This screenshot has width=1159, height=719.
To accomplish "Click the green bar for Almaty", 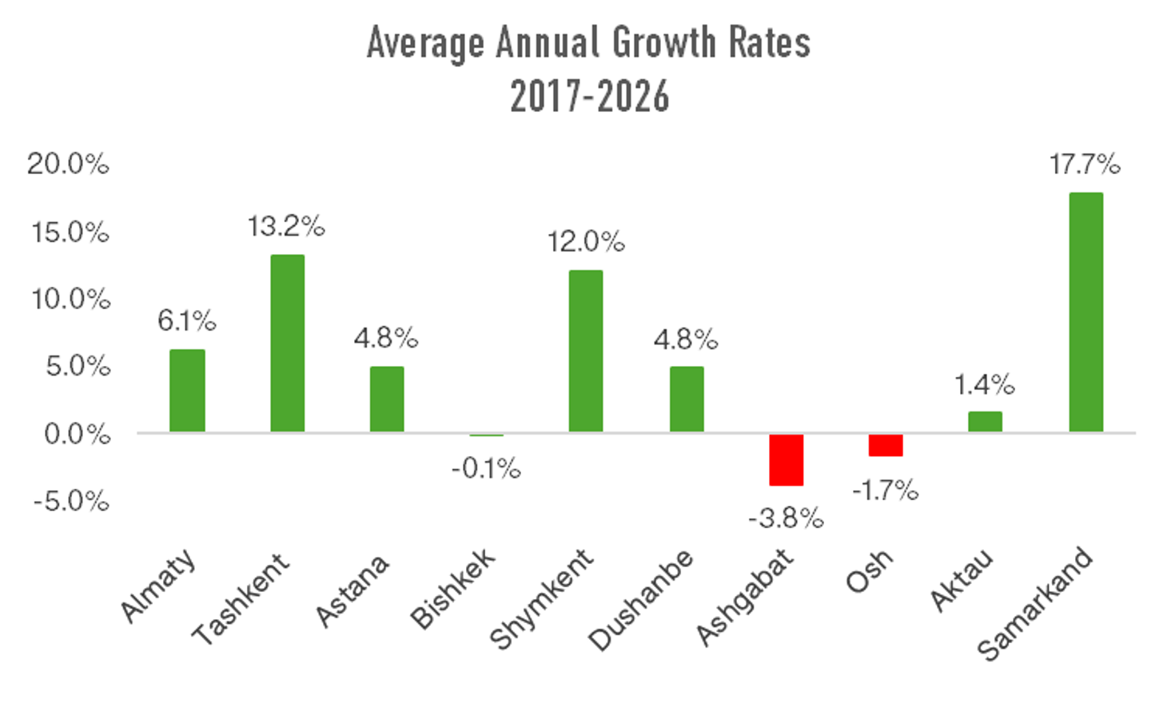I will tap(187, 391).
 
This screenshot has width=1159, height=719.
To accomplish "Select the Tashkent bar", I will tap(287, 344).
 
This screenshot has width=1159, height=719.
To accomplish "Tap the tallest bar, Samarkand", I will tap(1085, 312).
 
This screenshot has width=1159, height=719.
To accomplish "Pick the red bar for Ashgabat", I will tap(786, 460).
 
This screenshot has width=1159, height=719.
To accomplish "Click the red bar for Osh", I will tap(886, 446).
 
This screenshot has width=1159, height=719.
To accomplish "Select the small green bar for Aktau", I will tap(985, 422).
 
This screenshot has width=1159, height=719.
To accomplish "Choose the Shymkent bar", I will tap(586, 352).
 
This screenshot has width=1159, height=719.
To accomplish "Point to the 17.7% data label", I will tap(1085, 165).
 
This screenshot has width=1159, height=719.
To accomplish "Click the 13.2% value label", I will tap(286, 227).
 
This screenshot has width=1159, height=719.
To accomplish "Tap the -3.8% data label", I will tap(786, 518).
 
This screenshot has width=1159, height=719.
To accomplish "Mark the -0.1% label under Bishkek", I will tap(486, 468).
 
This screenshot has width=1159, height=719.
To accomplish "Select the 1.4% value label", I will tap(984, 385).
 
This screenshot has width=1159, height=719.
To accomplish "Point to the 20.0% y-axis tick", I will tap(68, 165).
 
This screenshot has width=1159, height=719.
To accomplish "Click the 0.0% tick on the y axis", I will tap(77, 435).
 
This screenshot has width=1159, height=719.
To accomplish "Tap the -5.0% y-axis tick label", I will tap(71, 502).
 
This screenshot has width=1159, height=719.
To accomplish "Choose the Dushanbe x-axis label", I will tap(641, 600).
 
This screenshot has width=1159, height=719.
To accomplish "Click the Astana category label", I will tap(352, 590).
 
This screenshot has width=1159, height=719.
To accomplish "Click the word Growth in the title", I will tap(663, 43).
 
